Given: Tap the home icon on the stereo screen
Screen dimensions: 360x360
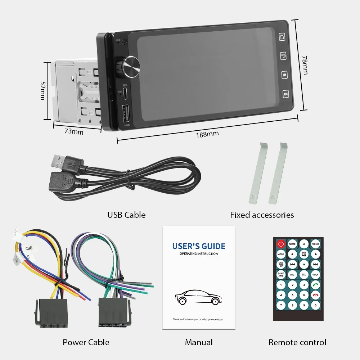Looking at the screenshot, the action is point(282,37).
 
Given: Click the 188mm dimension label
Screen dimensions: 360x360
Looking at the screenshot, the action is point(207,134).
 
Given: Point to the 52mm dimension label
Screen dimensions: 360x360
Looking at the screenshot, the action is point(42,90).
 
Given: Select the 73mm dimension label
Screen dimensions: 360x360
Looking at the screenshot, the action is point(74,132).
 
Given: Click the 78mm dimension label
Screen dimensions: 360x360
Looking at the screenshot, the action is point(305,65).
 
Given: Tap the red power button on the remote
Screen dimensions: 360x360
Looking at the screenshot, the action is point(281,244).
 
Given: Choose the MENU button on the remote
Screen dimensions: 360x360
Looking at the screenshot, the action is point(315,244).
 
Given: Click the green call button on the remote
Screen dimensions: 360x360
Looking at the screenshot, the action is point(315,285).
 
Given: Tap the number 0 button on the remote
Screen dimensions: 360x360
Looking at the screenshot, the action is point(315,306).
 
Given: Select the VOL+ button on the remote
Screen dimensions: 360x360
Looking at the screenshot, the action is point(315,274).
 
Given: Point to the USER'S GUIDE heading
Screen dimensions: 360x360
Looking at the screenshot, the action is point(199,246).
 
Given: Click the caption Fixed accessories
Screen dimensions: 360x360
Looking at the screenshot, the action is point(262,215).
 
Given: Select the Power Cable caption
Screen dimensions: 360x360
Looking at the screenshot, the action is point(86,342).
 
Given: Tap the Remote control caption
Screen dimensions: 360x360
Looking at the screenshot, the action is point(297,342).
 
